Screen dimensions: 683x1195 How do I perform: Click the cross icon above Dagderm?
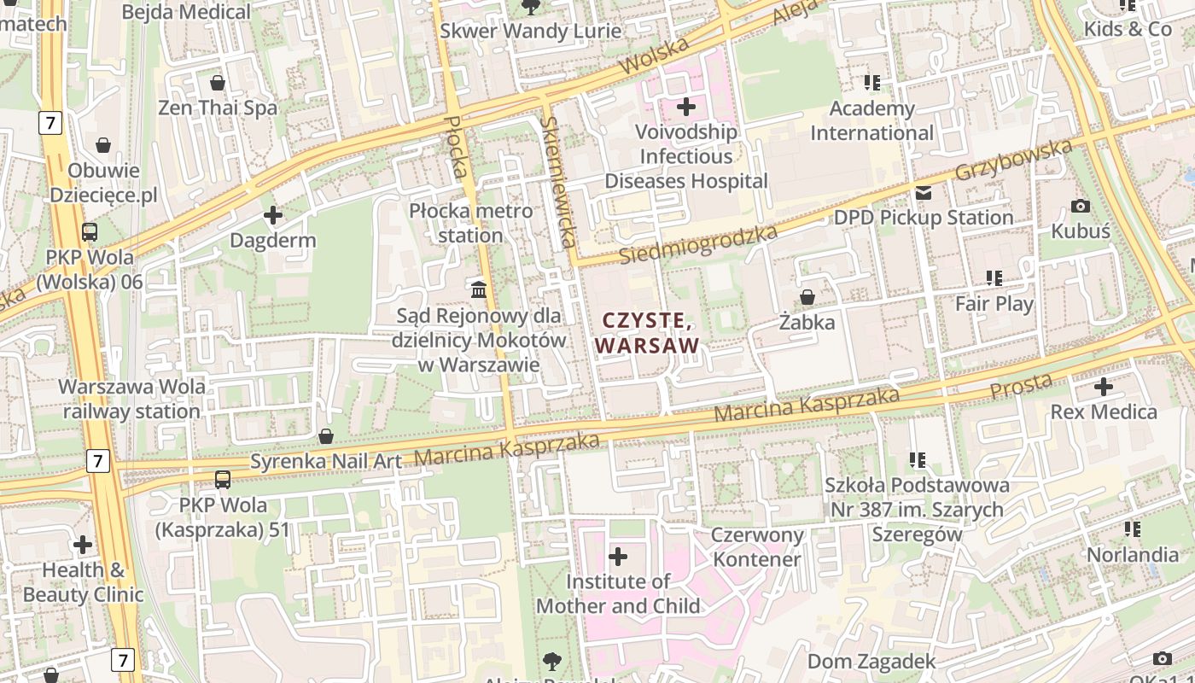tap(273, 215)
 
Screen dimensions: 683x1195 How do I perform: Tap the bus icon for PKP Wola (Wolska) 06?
tap(90, 231)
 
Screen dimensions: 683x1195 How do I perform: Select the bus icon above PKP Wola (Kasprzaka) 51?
tap(223, 479)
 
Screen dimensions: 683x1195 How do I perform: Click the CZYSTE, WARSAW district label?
tap(647, 333)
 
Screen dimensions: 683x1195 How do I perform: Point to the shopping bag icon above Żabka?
tap(807, 297)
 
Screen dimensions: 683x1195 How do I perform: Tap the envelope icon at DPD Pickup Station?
tap(924, 193)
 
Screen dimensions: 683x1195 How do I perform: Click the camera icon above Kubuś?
tap(1080, 206)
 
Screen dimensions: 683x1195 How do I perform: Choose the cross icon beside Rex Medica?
tap(1104, 386)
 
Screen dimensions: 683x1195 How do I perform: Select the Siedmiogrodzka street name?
tap(698, 245)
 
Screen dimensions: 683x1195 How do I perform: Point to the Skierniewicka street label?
tap(556, 182)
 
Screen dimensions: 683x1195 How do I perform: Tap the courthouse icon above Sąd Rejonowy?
tap(479, 290)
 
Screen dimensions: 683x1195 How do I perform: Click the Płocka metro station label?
tap(470, 223)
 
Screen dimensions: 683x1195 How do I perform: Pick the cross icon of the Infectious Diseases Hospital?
tap(686, 107)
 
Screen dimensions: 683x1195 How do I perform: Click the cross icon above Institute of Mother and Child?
tap(618, 557)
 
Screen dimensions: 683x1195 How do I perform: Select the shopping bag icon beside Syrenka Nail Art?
tap(325, 436)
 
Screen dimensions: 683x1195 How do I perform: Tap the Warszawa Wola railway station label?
tap(131, 399)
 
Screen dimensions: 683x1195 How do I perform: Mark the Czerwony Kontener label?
tap(758, 547)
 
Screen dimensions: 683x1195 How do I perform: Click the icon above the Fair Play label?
tap(994, 277)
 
